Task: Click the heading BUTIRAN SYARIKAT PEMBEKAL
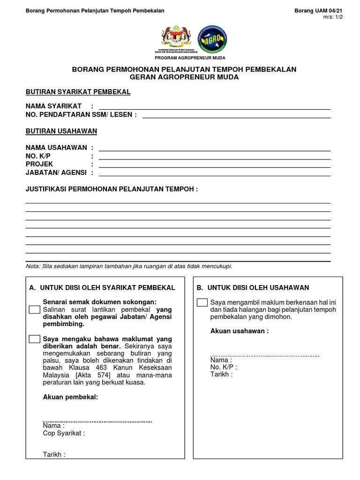click(x=78, y=92)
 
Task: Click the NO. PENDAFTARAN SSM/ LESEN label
click(x=81, y=115)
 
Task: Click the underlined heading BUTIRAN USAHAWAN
click(x=61, y=131)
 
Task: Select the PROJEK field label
click(x=39, y=164)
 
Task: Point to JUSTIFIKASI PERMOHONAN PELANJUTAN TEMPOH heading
click(x=112, y=189)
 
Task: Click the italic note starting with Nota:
click(x=129, y=266)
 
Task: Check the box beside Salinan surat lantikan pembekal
click(x=34, y=310)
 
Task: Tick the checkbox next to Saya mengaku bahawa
click(x=34, y=339)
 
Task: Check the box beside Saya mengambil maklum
click(x=202, y=302)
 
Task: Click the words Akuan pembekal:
click(x=70, y=397)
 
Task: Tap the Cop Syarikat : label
click(x=64, y=434)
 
